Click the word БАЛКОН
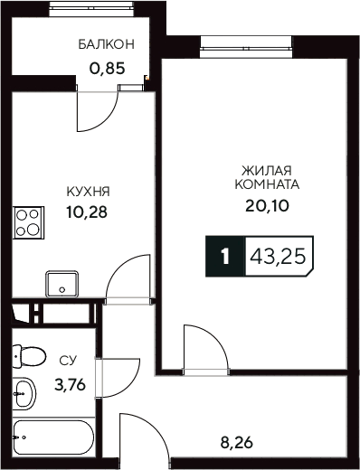click(106, 43)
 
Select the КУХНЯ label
click(88, 192)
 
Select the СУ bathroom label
click(68, 361)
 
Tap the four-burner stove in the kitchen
click(28, 221)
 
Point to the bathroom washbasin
click(25, 394)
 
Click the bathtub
click(52, 441)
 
